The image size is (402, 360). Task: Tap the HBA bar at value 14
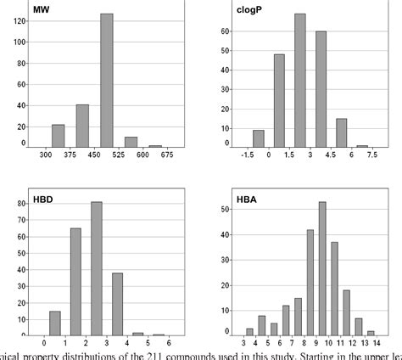[x=371, y=333]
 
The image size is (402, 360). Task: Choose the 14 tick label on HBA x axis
[x=371, y=342]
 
